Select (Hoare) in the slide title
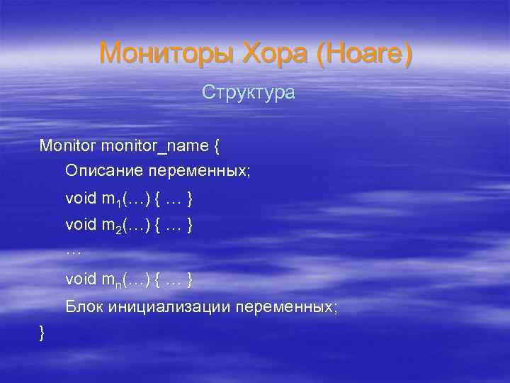pyautogui.click(x=364, y=54)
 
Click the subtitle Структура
pyautogui.click(x=248, y=92)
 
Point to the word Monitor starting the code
pyautogui.click(x=68, y=146)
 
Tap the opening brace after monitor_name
pyautogui.click(x=216, y=146)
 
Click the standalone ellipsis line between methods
pyautogui.click(x=74, y=252)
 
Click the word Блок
pyautogui.click(x=85, y=307)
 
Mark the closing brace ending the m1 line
pyautogui.click(x=189, y=199)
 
